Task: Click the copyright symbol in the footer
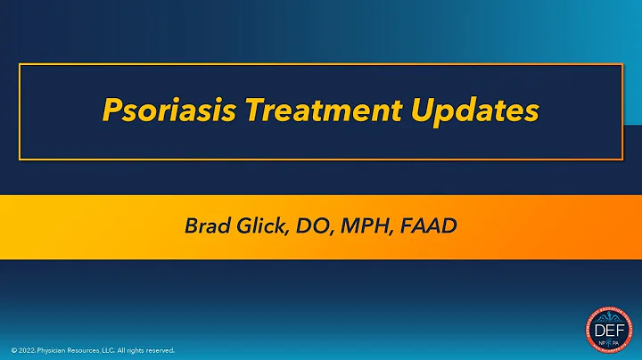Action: click(x=14, y=350)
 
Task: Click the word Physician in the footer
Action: click(x=56, y=350)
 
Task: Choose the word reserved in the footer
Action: click(x=161, y=350)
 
